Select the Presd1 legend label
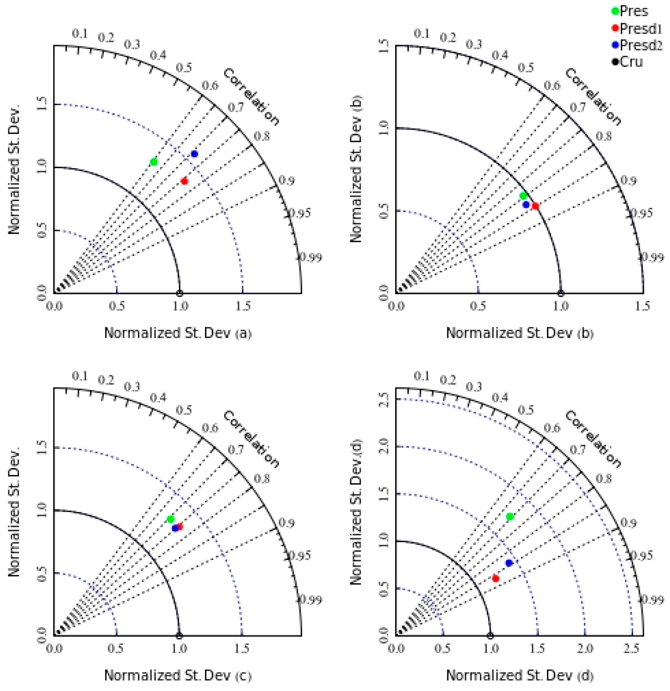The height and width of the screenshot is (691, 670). (641, 28)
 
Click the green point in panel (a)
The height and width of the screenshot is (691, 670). (154, 162)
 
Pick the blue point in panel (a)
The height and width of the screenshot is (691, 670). (194, 154)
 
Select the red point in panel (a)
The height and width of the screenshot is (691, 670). (184, 181)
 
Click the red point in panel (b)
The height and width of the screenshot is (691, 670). (535, 206)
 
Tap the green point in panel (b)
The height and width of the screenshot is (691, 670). (523, 196)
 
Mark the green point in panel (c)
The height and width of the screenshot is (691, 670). (170, 519)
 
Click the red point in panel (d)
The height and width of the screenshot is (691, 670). (495, 578)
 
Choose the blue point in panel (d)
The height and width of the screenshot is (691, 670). (508, 563)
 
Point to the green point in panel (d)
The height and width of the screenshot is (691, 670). (510, 516)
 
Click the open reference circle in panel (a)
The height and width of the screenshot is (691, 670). (179, 293)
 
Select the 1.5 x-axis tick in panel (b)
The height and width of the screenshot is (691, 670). (642, 306)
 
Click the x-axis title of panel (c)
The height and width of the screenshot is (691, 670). (178, 675)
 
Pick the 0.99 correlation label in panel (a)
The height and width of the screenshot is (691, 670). (309, 258)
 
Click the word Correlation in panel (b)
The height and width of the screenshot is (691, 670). (593, 97)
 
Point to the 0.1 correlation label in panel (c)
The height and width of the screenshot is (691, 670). (80, 376)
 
